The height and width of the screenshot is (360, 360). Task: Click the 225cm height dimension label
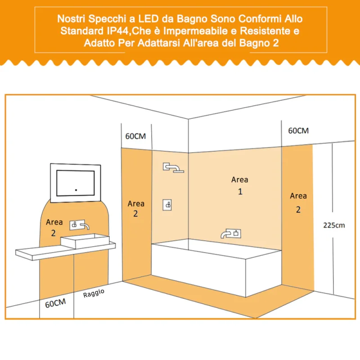click(334, 225)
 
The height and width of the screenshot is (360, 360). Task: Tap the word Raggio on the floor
click(94, 293)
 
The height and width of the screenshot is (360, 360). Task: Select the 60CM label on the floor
click(55, 303)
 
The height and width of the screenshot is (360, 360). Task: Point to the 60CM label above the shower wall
click(135, 136)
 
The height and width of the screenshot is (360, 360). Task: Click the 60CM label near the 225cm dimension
click(298, 130)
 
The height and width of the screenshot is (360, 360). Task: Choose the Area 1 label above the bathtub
click(240, 185)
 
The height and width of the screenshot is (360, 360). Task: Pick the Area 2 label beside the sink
click(54, 228)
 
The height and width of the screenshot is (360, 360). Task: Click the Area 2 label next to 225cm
click(298, 202)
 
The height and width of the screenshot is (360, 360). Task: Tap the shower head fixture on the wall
click(173, 167)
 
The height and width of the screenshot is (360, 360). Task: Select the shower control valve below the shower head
click(167, 205)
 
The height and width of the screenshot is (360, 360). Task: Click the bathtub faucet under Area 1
click(231, 234)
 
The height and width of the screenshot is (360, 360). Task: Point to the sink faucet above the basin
click(80, 225)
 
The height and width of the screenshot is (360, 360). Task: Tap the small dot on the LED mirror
click(76, 190)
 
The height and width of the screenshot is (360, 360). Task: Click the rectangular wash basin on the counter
click(85, 241)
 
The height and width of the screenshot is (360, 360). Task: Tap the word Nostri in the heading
click(71, 18)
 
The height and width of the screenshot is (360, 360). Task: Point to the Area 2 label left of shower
click(136, 208)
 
